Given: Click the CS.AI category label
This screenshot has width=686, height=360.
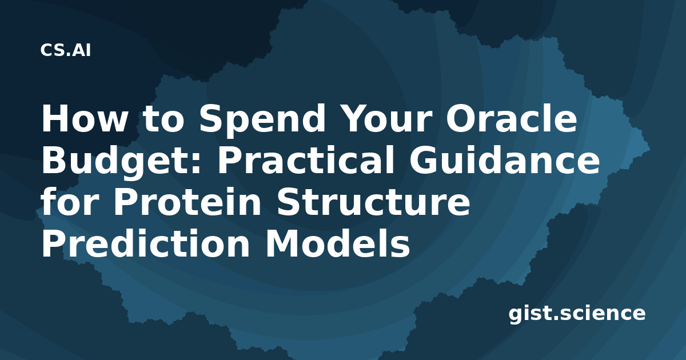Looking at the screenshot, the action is pyautogui.click(x=66, y=50).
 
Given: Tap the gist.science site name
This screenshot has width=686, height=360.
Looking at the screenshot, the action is pyautogui.click(x=577, y=314).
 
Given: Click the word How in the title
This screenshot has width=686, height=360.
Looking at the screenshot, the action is pyautogui.click(x=83, y=118).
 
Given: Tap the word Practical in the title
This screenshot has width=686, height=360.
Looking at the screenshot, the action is pyautogui.click(x=305, y=160).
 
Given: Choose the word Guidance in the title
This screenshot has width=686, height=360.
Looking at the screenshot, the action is pyautogui.click(x=505, y=160).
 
